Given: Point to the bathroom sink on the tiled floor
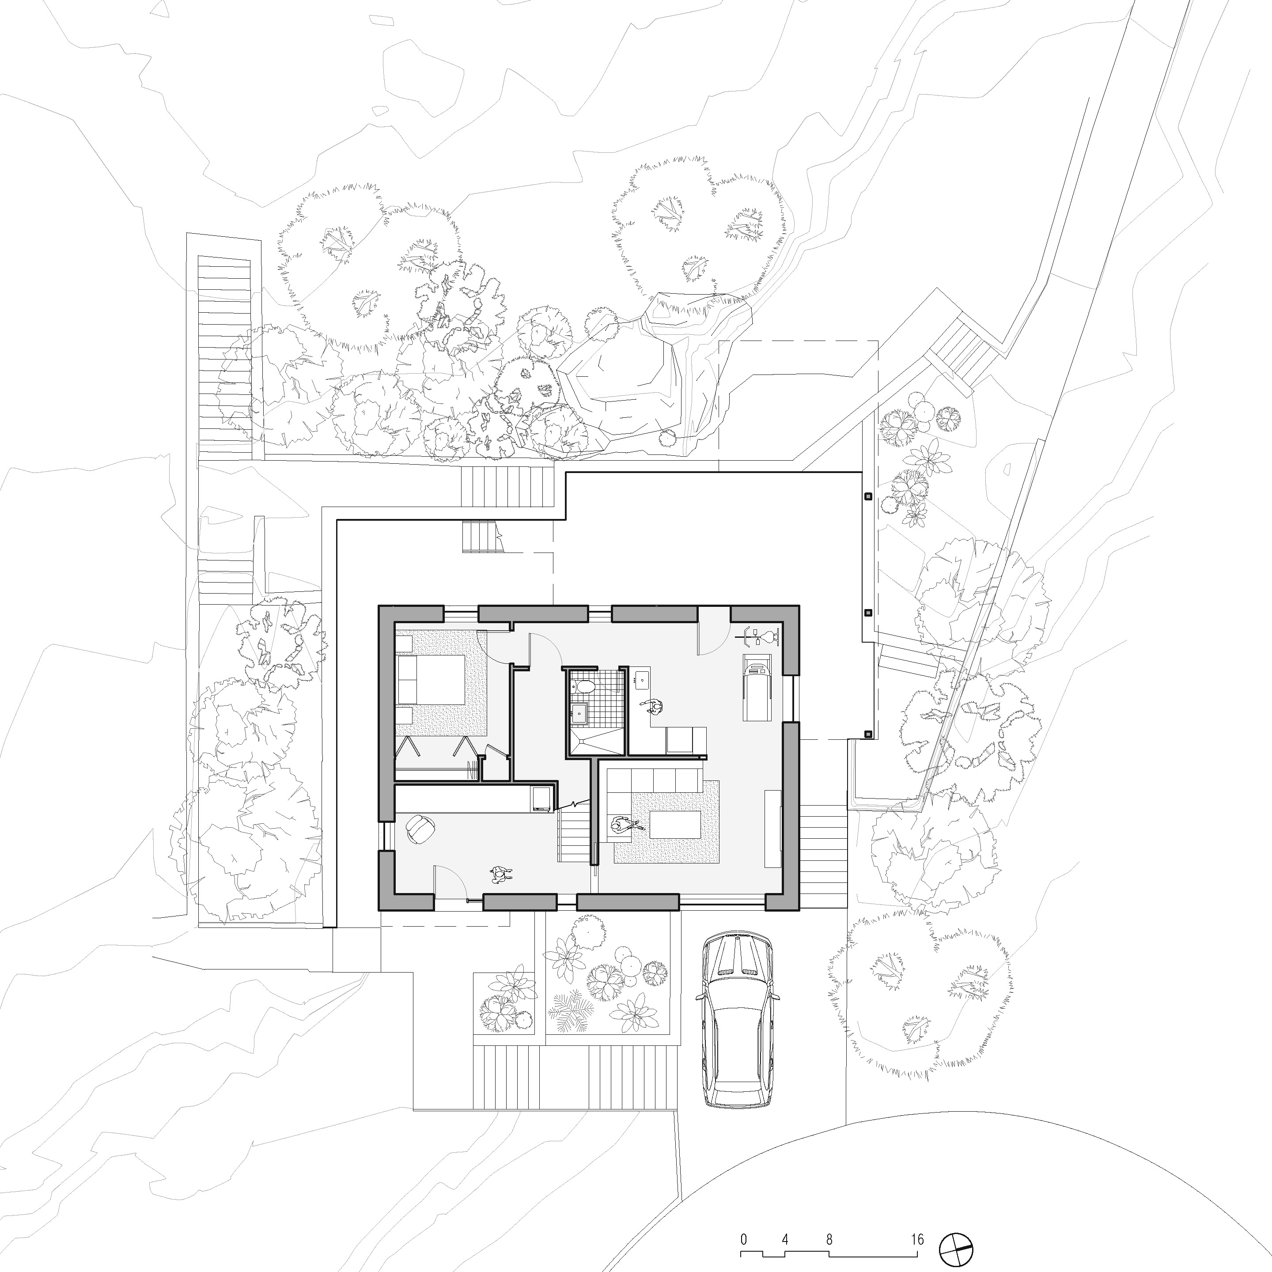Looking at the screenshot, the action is pos(580,713).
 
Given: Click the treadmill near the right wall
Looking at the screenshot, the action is pos(755,687).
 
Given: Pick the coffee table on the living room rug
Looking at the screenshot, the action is pos(675,824).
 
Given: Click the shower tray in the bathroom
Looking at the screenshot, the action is pos(596,742).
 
